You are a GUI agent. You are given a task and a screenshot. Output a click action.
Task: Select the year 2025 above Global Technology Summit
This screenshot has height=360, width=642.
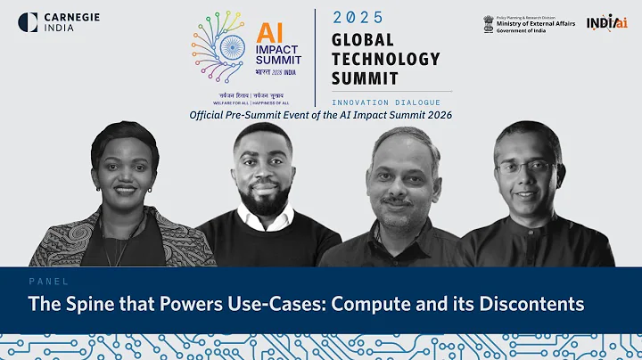pyautogui.click(x=358, y=17)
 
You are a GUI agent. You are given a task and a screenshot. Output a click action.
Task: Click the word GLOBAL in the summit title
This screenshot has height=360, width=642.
pyautogui.click(x=364, y=39)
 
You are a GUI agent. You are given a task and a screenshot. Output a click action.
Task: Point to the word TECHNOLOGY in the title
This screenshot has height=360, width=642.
pyautogui.click(x=385, y=59)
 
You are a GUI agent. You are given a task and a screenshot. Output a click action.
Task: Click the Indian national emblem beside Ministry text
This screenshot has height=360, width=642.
pyautogui.click(x=489, y=22)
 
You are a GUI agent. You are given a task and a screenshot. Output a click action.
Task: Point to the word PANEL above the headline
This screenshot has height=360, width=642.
pyautogui.click(x=43, y=280)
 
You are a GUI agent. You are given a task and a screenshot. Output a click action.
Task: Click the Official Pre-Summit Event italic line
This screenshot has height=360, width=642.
pyautogui.click(x=321, y=116)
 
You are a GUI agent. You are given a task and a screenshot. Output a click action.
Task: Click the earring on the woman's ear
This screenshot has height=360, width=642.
pyautogui.click(x=150, y=189)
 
